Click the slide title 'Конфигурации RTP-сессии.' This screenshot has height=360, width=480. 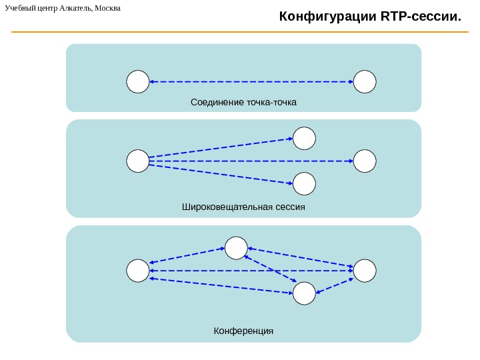point(369,15)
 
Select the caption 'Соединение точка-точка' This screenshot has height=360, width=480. point(243,102)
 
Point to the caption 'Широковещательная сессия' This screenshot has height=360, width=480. point(243,207)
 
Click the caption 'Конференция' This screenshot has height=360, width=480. point(243,331)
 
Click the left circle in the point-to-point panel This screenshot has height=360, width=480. point(137,81)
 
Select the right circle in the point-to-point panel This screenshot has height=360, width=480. point(365,81)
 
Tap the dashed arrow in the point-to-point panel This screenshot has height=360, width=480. point(251,81)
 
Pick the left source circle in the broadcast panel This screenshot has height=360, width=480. point(137,161)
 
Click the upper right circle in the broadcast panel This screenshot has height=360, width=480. point(304,139)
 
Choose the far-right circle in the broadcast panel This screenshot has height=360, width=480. point(365,161)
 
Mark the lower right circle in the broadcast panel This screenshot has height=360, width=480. point(304,183)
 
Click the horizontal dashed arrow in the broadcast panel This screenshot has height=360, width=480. point(251,161)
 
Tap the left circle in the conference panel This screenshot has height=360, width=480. point(137,271)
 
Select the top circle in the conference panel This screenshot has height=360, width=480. point(236,248)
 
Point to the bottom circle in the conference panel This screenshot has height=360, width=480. point(304,293)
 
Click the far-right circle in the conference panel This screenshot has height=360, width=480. point(365,271)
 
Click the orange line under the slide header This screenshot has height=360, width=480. point(240,32)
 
